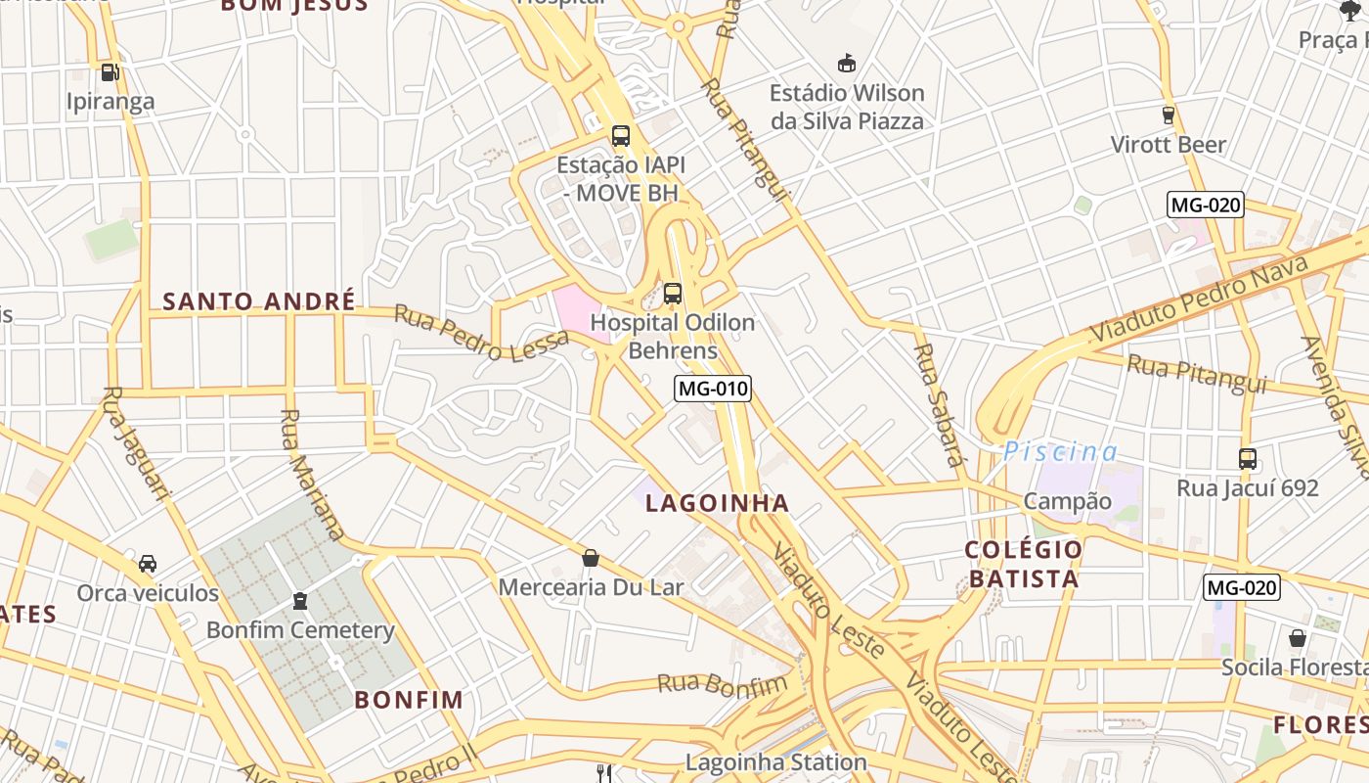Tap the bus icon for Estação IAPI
(620, 136)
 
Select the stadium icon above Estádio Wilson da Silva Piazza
(847, 64)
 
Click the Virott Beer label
(1168, 145)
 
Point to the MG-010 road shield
(713, 389)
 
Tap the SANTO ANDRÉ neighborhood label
(259, 301)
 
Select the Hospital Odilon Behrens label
(673, 336)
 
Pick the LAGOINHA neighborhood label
(717, 503)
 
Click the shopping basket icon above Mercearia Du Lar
(591, 558)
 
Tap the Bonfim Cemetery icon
(300, 600)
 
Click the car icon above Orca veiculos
(148, 563)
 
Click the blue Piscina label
(1060, 451)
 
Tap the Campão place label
(1067, 501)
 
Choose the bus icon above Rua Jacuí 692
(1247, 457)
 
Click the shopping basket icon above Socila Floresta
(1298, 638)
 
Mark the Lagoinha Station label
(775, 761)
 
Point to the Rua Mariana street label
(311, 474)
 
